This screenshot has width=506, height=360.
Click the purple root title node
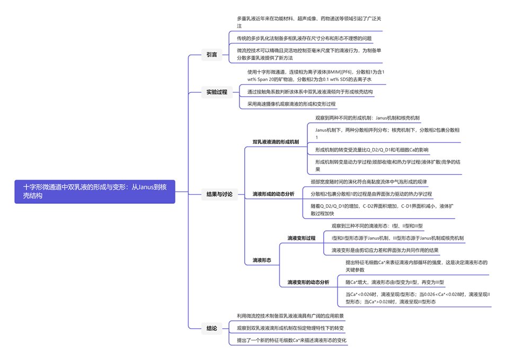click(95, 191)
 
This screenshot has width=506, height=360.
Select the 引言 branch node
click(211, 55)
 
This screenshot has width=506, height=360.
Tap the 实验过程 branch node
click(217, 92)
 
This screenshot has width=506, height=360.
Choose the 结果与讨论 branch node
click(219, 195)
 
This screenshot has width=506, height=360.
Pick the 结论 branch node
click(211, 328)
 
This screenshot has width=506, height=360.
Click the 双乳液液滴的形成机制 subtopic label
click(276, 142)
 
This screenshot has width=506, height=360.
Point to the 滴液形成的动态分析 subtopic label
click(273, 194)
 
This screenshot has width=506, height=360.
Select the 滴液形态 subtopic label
click(262, 260)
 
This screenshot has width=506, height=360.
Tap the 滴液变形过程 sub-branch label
click(301, 238)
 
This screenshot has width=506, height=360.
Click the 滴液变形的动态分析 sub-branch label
click(308, 282)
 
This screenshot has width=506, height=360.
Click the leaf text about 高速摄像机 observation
click(291, 104)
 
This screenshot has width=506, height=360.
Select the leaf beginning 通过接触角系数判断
click(310, 92)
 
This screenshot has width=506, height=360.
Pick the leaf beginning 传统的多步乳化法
click(305, 38)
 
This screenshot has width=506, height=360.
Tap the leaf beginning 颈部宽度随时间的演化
click(369, 182)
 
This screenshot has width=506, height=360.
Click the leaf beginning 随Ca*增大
click(395, 282)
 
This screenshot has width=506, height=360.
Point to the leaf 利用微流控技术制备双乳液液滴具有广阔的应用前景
click(290, 316)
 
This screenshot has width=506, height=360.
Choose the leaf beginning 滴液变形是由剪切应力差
click(385, 250)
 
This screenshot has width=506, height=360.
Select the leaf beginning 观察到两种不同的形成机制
click(367, 118)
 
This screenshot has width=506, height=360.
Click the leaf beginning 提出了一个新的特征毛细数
click(291, 340)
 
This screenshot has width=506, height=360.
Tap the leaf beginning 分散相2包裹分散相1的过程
click(371, 194)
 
